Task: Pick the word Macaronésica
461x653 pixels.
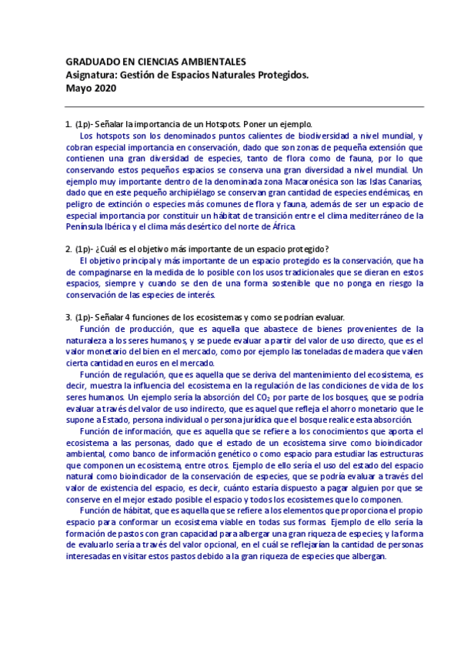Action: point(269,180)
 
